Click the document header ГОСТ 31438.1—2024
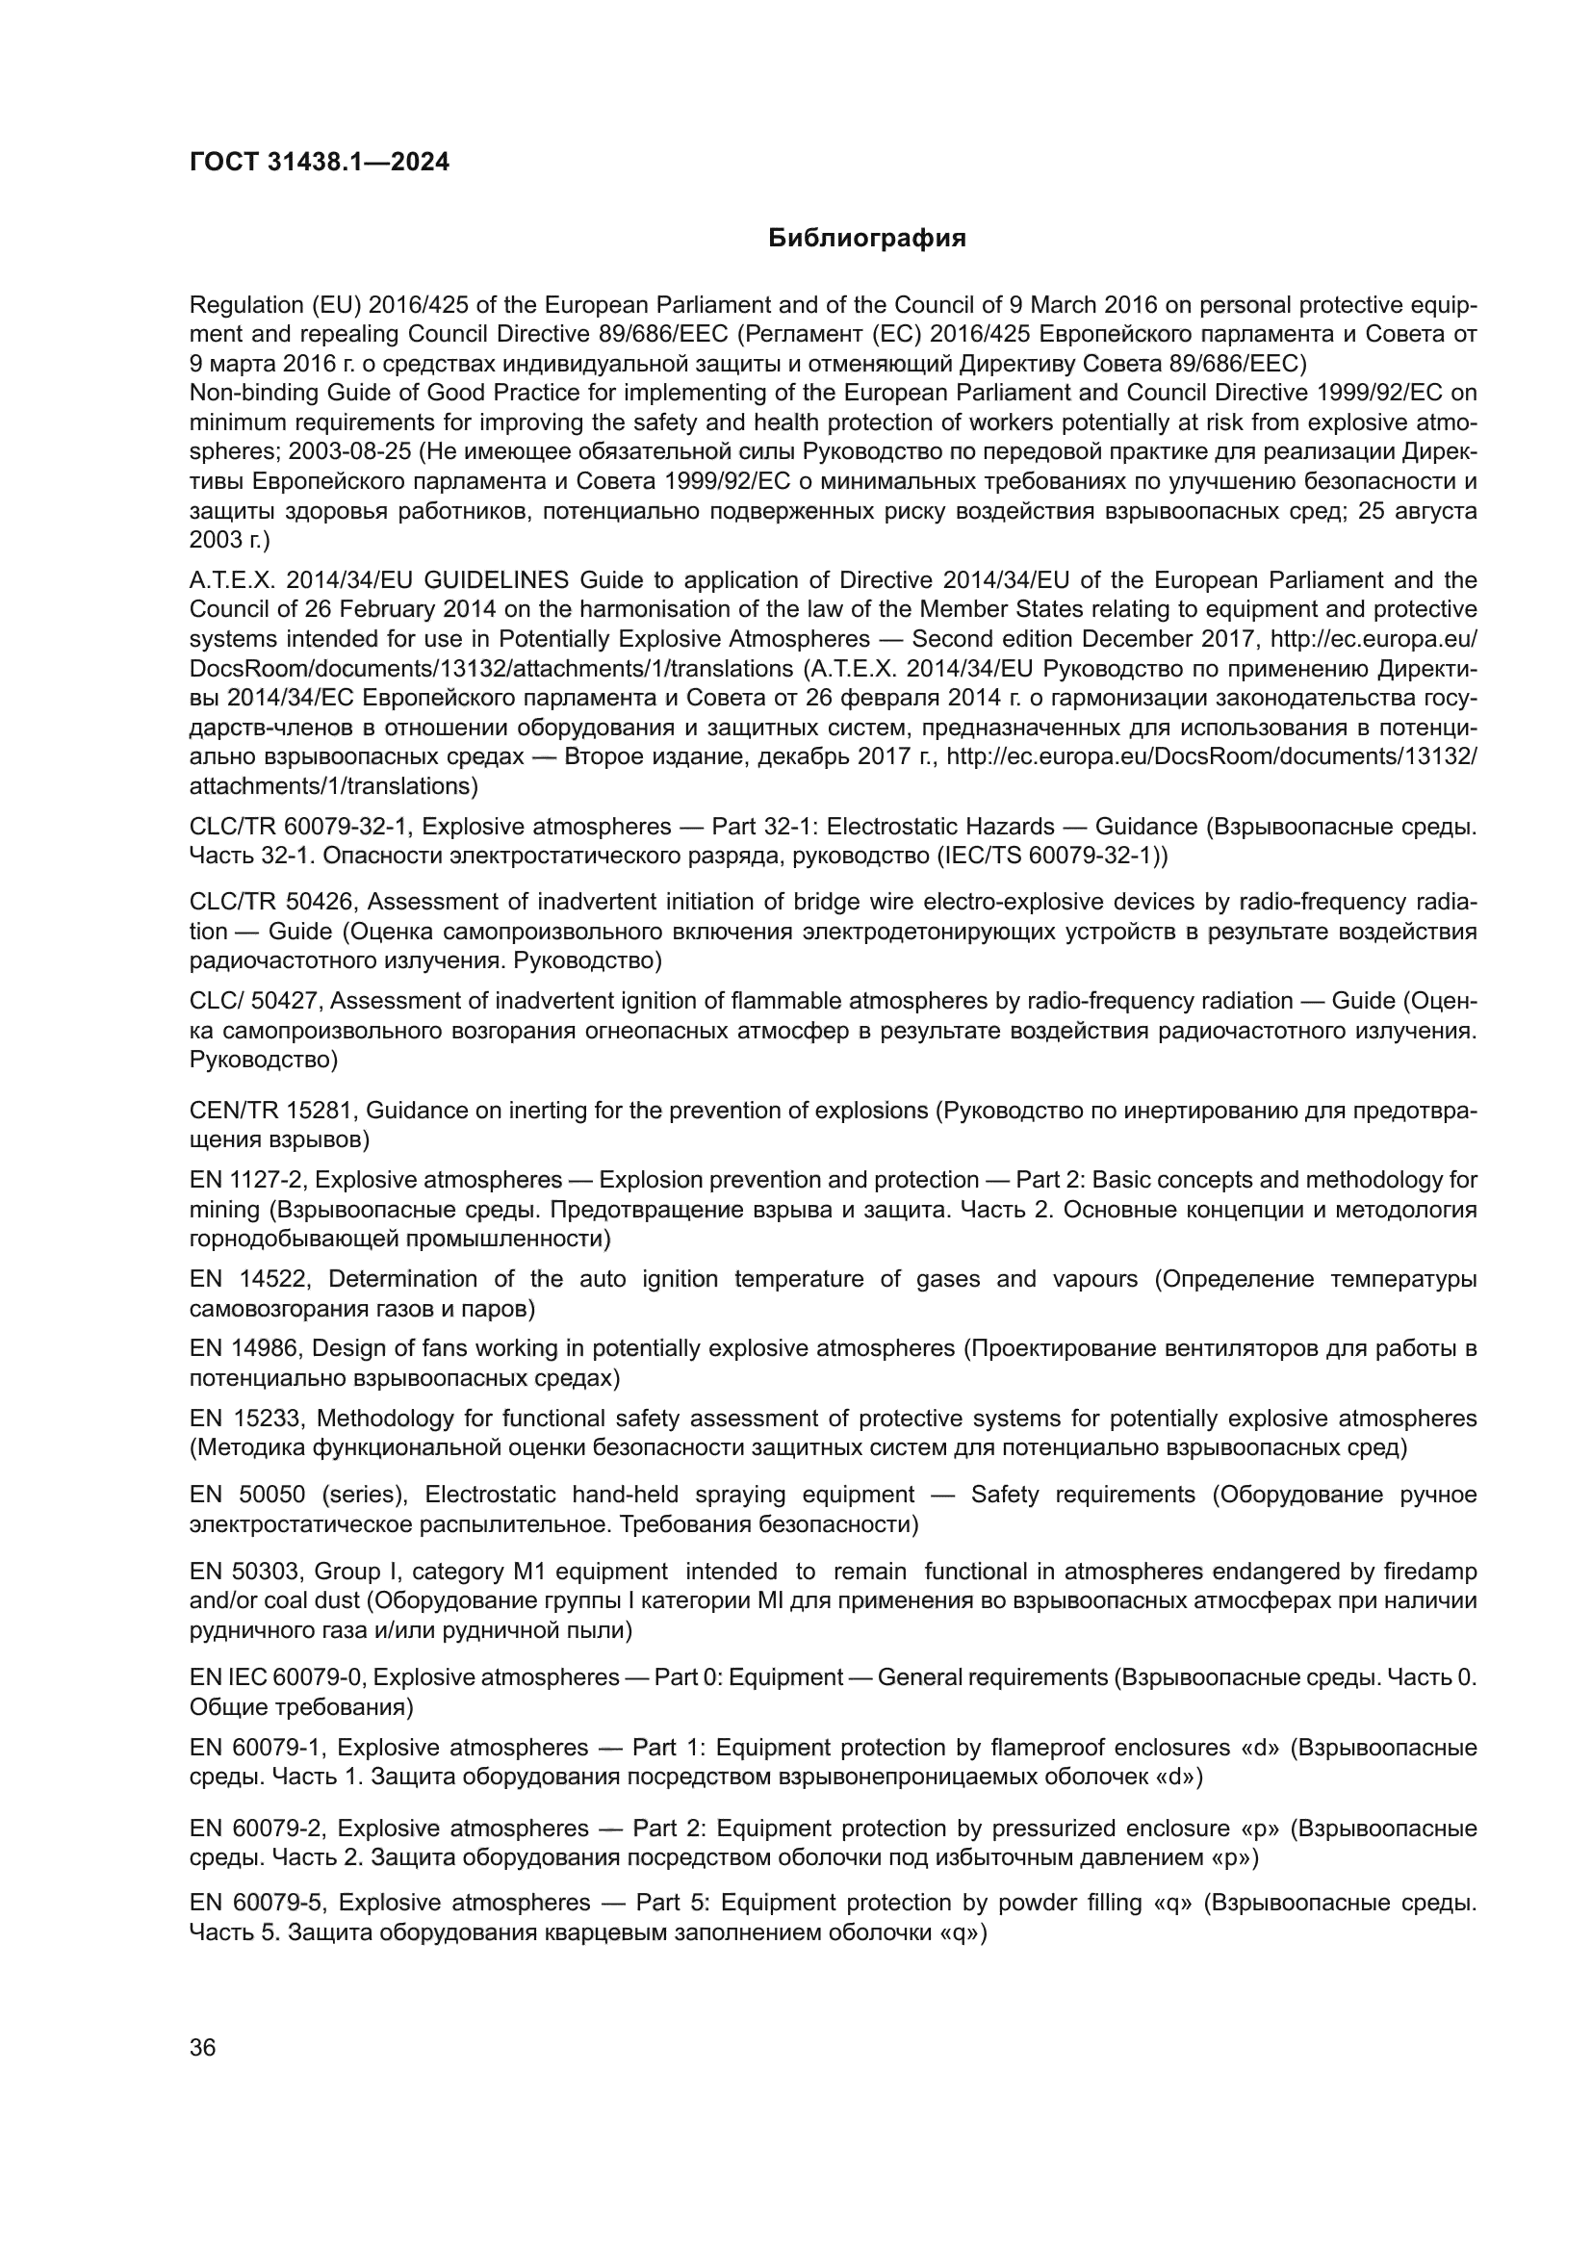click(x=319, y=163)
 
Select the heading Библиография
click(x=866, y=239)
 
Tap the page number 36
click(x=203, y=2047)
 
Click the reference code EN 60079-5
click(x=257, y=1903)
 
